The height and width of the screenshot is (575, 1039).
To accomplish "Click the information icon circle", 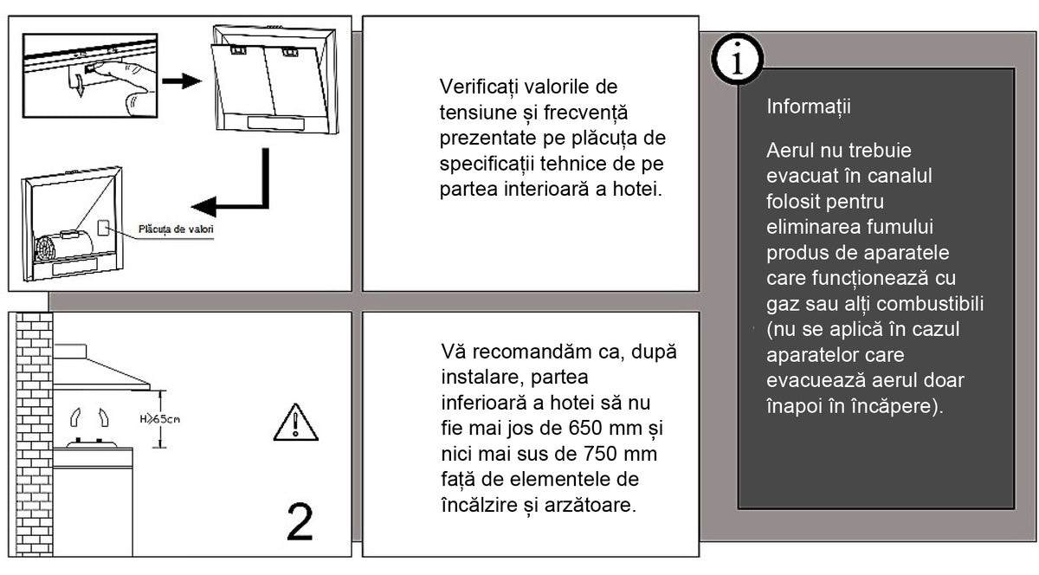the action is click(x=737, y=59).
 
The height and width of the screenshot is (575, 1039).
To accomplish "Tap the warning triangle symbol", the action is click(x=295, y=423).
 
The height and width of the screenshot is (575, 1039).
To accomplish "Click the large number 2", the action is click(x=300, y=522).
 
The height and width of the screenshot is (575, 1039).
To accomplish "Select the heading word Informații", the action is click(x=809, y=107).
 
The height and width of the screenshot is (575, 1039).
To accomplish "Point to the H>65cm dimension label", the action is click(x=159, y=419).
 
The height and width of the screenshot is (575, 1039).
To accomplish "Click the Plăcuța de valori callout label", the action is click(x=176, y=229).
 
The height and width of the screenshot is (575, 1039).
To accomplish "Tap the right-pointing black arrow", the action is click(x=181, y=81).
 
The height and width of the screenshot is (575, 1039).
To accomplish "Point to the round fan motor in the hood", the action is click(x=45, y=253).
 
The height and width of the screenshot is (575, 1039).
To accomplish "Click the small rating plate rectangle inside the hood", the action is click(x=103, y=228).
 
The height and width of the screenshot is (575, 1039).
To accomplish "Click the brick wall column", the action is click(x=35, y=435).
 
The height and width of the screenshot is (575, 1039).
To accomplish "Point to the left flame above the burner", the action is click(x=75, y=417).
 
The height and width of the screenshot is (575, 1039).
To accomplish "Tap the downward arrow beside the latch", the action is click(x=81, y=87).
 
